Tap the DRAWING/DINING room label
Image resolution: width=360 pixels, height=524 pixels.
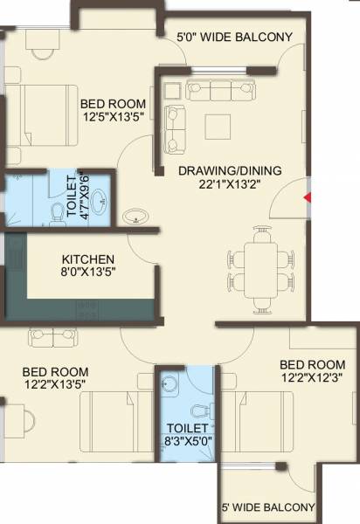231,171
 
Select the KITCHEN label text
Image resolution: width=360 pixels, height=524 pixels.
88,259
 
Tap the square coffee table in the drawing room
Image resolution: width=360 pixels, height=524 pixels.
218,126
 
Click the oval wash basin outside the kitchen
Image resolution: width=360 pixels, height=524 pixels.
136,216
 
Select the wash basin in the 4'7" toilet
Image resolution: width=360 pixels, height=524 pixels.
100,198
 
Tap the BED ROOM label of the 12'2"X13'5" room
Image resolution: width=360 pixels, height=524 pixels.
55,371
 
